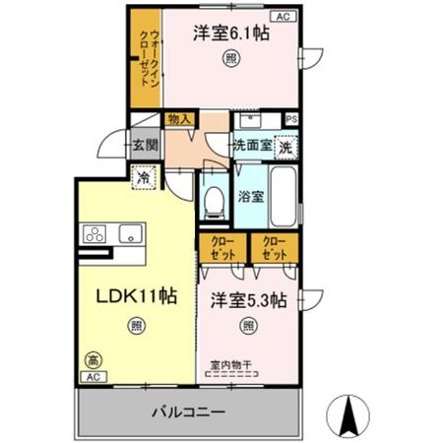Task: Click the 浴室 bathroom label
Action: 250,197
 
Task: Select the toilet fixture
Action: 211,200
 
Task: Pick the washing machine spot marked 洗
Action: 284,148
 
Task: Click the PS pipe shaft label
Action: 291,119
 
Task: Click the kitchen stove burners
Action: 96,234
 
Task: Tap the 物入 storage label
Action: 180,119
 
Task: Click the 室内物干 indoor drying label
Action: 230,365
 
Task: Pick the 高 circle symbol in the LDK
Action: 92,358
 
